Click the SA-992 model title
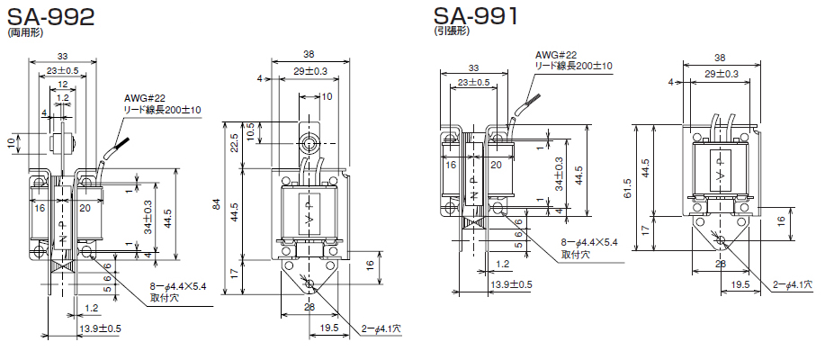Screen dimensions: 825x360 (50, 16)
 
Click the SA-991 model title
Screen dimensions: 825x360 (476, 15)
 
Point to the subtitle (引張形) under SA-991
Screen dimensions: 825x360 (451, 31)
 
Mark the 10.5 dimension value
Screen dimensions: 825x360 (250, 132)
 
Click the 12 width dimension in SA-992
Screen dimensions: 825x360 (63, 85)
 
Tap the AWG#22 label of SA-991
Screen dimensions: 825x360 (556, 55)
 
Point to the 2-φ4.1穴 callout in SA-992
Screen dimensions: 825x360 (381, 328)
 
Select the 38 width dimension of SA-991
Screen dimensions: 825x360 (722, 58)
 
